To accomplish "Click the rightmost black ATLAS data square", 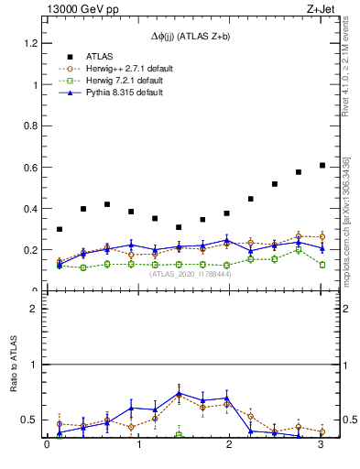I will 322,165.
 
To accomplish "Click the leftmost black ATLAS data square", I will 60,229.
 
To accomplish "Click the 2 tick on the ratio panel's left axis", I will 34,309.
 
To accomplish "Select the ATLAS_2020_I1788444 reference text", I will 191,273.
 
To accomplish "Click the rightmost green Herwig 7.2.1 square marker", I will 322,265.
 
